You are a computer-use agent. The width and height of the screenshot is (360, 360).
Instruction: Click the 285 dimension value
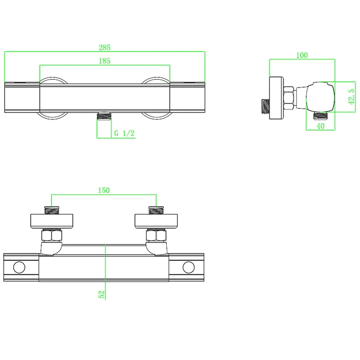(x=104, y=48)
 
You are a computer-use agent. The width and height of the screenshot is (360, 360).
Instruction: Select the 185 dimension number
(x=104, y=61)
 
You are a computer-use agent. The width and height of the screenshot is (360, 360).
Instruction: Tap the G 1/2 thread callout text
(x=124, y=133)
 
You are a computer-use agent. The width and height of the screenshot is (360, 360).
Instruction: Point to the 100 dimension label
(x=302, y=55)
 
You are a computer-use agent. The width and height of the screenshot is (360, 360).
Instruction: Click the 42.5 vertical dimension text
(x=351, y=97)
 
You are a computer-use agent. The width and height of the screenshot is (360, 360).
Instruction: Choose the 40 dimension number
(x=320, y=126)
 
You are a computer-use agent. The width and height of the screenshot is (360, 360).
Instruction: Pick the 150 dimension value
(x=104, y=190)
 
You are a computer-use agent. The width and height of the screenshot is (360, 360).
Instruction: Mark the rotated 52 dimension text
(x=101, y=294)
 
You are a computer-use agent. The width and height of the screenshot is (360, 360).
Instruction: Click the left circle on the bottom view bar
(x=19, y=267)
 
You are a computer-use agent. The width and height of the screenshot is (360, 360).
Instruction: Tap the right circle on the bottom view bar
(x=189, y=267)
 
